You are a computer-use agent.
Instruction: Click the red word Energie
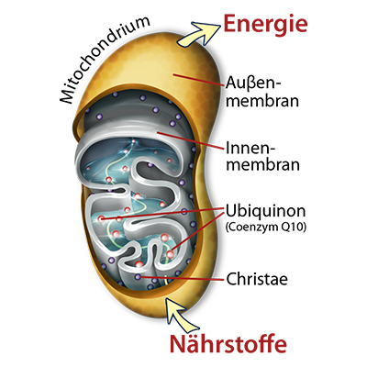265,25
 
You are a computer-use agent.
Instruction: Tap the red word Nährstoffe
228,343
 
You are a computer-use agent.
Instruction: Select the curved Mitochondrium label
103,60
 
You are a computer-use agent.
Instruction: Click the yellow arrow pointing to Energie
198,34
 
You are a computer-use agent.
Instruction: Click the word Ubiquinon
266,212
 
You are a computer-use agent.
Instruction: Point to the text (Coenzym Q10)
266,228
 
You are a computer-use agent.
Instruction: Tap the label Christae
257,279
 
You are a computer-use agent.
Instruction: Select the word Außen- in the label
252,83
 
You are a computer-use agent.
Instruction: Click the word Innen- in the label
250,148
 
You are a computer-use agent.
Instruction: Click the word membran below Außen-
262,101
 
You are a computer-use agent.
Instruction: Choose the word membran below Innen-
262,164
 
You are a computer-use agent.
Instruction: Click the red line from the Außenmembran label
198,79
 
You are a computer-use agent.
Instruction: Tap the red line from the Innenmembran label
190,141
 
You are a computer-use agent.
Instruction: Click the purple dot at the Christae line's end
138,277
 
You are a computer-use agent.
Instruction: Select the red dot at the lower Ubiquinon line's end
171,254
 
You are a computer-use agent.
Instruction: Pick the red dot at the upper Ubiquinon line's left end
101,218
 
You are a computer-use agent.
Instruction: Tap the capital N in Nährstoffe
178,344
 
